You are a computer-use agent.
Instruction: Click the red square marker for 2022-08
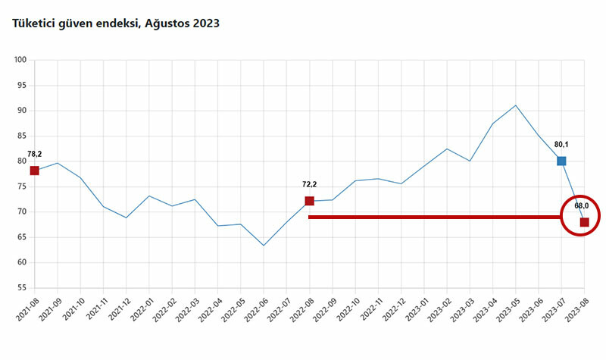309,201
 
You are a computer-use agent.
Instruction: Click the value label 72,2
309,183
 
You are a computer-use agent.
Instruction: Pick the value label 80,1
561,143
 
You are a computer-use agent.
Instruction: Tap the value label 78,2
34,154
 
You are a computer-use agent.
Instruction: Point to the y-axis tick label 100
20,60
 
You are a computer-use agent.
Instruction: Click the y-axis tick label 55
22,289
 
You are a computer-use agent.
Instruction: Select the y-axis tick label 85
22,136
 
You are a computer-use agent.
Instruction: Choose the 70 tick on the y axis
22,212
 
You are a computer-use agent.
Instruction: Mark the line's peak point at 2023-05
516,105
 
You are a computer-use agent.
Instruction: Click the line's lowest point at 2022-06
264,246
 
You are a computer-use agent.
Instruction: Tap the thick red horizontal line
432,217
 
